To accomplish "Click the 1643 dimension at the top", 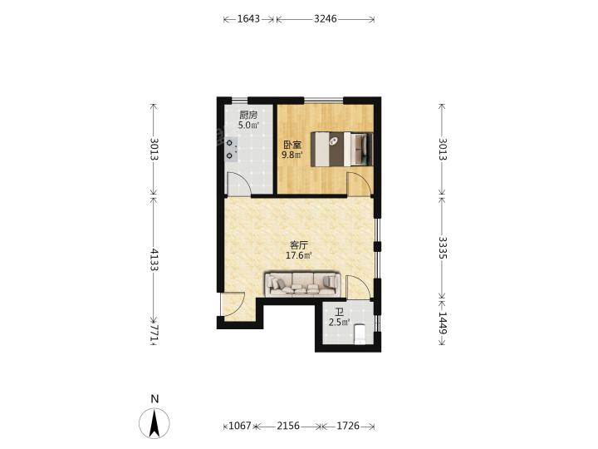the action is point(248,18).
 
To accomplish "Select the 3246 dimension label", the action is point(326,18).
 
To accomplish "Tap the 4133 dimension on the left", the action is point(154,259).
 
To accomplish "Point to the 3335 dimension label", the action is point(443,248).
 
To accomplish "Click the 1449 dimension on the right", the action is point(443,323).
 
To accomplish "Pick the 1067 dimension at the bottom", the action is point(240,426).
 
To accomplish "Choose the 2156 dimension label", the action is point(288,426).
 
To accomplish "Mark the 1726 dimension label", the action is point(348,426).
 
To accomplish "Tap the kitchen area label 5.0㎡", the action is point(248,125).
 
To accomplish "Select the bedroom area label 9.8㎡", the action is point(292,155).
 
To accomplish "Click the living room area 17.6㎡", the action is point(299,255).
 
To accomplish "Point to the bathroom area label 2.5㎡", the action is point(339,323).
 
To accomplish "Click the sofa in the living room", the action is point(302,284).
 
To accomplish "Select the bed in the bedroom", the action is point(341,149).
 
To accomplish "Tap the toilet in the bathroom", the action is point(360,333).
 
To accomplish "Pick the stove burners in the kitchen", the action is point(229,150).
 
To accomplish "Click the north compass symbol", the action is point(154,423).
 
